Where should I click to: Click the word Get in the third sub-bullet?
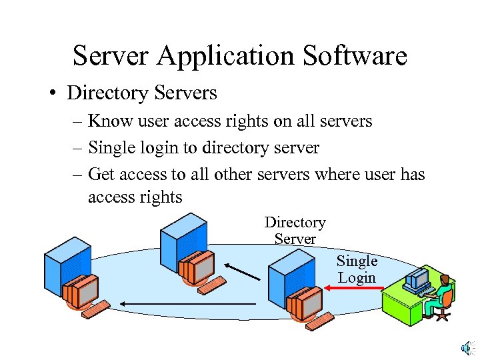click(x=101, y=174)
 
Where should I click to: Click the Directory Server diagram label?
click(x=295, y=230)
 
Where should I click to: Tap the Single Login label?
click(x=357, y=269)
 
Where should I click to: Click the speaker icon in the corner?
click(x=467, y=347)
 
